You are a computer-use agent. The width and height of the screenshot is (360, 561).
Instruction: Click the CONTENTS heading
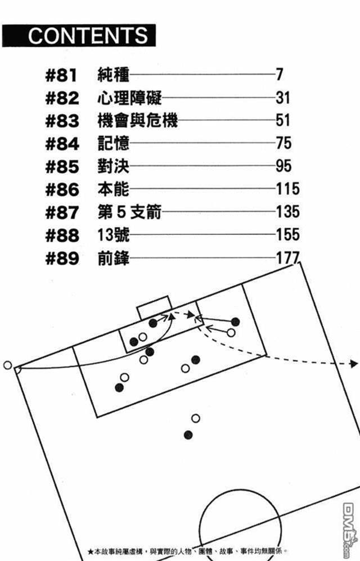tap(88, 35)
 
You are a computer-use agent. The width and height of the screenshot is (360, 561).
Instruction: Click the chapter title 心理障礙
tap(129, 98)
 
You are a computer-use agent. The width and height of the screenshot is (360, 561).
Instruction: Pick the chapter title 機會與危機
tap(137, 120)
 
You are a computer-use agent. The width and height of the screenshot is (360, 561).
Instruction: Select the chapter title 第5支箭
tap(129, 212)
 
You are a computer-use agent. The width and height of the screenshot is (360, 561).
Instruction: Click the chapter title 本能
tap(113, 189)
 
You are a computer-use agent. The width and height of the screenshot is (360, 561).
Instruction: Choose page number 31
tap(283, 98)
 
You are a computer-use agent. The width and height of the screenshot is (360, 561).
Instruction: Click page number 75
tap(283, 143)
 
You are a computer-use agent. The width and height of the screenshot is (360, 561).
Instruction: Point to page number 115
tap(287, 189)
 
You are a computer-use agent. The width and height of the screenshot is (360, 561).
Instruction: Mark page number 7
tap(279, 75)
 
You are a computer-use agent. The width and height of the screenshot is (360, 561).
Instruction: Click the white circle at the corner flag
tap(7, 365)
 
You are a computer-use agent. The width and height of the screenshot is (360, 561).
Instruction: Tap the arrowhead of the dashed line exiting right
tap(353, 364)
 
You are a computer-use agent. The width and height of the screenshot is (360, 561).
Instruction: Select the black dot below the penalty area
tap(188, 435)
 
